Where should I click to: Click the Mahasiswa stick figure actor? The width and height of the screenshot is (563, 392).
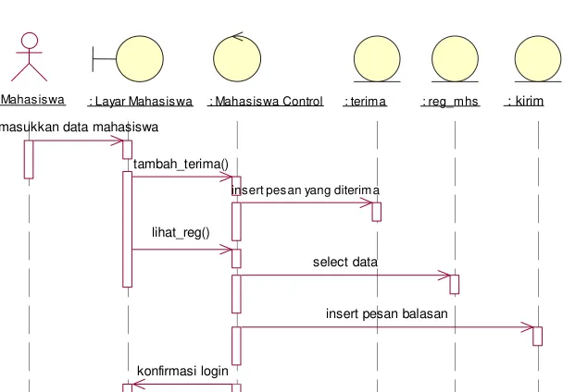click(x=29, y=56)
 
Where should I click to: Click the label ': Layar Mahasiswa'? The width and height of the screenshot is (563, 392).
click(x=141, y=102)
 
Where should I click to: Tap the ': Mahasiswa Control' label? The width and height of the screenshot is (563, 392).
click(x=266, y=102)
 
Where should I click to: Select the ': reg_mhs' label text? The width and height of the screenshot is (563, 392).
click(x=450, y=102)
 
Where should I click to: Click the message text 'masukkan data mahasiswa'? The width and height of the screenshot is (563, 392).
click(x=79, y=127)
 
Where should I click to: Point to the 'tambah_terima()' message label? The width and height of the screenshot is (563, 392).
click(x=181, y=165)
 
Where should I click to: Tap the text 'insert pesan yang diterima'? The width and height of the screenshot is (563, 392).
click(x=306, y=190)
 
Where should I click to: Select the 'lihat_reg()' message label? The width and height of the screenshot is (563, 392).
click(x=181, y=233)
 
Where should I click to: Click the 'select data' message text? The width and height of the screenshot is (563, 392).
click(x=345, y=262)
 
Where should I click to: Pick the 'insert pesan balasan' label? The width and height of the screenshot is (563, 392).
click(x=387, y=313)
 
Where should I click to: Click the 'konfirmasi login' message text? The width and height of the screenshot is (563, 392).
click(x=182, y=371)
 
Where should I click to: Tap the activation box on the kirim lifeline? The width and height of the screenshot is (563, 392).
click(x=537, y=336)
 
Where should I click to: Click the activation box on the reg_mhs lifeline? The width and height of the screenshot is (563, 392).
click(x=455, y=285)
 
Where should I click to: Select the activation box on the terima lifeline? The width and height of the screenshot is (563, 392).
click(x=376, y=212)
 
